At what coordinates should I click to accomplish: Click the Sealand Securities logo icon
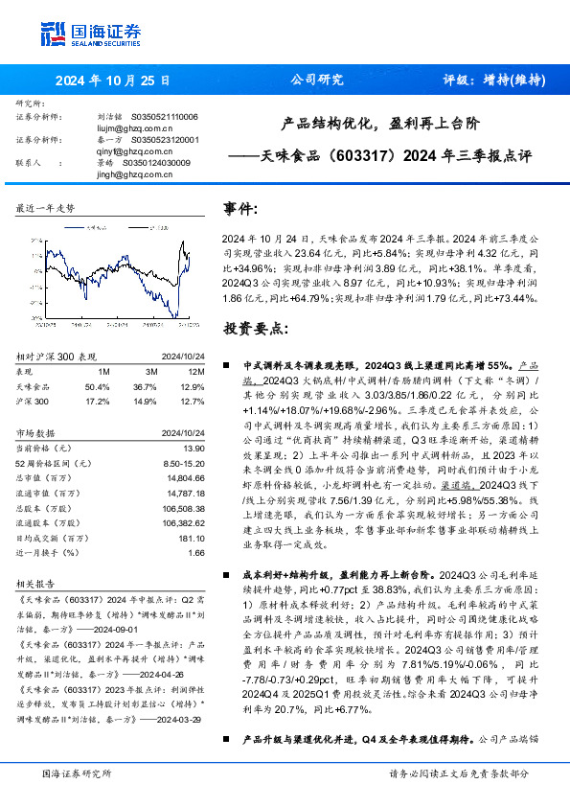53,33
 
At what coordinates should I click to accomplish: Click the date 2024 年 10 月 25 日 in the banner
111,81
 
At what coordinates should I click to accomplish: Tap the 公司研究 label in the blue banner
316,81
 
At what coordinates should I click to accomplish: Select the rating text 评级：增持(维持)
488,81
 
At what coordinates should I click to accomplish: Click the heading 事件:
240,209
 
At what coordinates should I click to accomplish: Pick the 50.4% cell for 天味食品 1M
98,385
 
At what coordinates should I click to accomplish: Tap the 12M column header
196,372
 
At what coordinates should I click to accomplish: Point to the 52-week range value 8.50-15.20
186,462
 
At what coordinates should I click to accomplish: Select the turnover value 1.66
197,554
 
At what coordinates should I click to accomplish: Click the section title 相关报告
37,582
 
